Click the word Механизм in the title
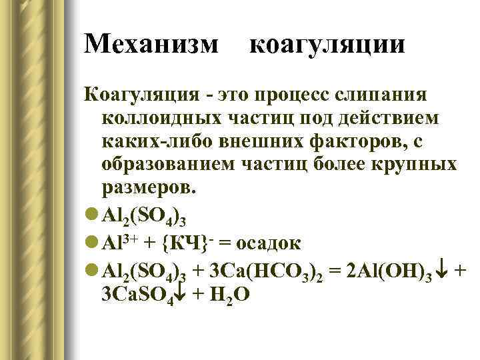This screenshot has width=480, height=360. point(151,45)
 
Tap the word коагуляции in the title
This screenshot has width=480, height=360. point(327,45)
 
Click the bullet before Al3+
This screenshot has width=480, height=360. point(92,236)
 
